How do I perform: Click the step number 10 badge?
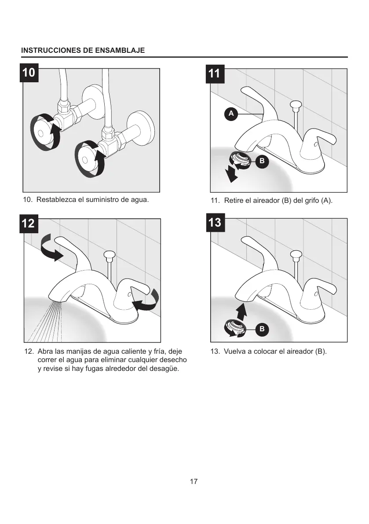tap(29, 72)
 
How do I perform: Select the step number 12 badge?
tap(28, 223)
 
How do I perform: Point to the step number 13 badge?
tap(215, 222)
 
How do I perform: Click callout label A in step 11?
tap(231, 114)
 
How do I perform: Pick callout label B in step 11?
tap(262, 161)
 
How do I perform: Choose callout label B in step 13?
tap(262, 329)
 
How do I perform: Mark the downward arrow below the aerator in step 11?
tap(230, 175)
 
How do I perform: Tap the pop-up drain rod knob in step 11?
tap(295, 106)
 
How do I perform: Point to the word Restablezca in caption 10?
tap(54, 200)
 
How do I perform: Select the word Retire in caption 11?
tap(233, 201)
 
